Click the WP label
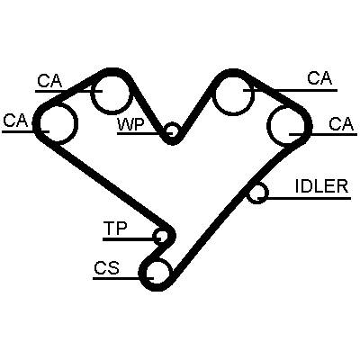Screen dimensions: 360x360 coord(131,124)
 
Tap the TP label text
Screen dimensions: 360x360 coord(115,229)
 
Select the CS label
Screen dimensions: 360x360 coord(106,268)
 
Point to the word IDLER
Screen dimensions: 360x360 coord(321,186)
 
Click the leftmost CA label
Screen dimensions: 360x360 coord(15,121)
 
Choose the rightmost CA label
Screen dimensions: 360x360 coord(341,124)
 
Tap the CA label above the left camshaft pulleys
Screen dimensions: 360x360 coord(49,80)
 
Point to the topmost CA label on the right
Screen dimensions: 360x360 coord(319,78)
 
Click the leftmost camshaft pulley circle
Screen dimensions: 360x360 coord(77,122)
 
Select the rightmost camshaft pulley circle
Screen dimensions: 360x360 coord(267,125)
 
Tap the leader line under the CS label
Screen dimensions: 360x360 coord(123,278)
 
